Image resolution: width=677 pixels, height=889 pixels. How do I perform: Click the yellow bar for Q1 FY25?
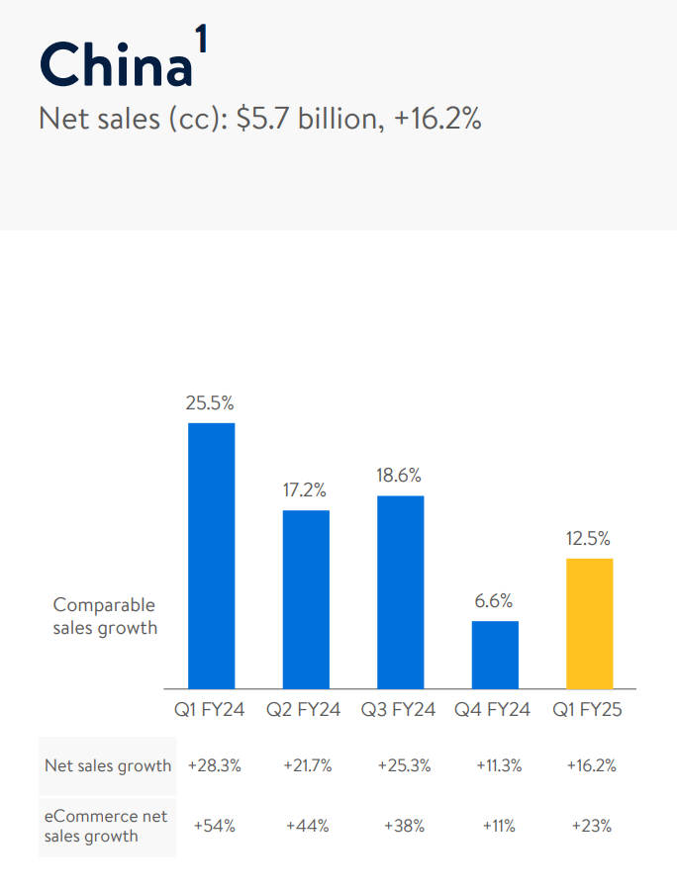tap(590, 623)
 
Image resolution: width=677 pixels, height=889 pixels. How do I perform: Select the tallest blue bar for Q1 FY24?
tap(211, 556)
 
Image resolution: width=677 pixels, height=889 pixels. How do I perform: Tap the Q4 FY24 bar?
tap(495, 655)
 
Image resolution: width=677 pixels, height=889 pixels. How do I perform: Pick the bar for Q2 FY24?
tap(306, 599)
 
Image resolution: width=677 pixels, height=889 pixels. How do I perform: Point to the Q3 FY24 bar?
tap(400, 591)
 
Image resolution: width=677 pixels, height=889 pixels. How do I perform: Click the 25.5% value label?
tap(210, 403)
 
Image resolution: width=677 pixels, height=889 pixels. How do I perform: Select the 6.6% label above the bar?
tap(494, 601)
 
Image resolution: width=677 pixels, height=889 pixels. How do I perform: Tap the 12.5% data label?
tap(589, 539)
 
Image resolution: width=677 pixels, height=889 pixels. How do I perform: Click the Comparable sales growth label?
tap(105, 616)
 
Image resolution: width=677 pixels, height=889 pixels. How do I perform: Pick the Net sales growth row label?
tap(108, 765)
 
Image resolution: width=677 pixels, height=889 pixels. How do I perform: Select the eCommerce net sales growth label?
tap(106, 827)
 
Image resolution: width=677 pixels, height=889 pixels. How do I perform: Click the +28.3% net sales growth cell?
tap(215, 765)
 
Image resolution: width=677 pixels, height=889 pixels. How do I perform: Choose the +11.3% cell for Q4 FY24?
tap(497, 765)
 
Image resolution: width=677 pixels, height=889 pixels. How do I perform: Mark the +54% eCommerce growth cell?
tap(215, 827)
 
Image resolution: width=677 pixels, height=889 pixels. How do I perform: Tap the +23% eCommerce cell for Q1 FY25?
tap(591, 827)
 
